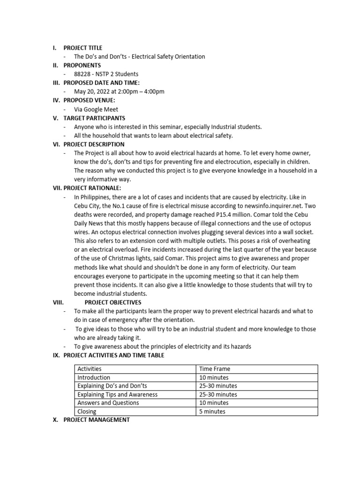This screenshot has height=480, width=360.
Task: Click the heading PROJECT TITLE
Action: (x=82, y=48)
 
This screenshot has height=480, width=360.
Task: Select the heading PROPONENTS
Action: (x=82, y=65)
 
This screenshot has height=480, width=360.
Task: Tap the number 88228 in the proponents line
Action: (x=82, y=74)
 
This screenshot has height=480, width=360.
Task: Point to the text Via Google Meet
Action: (x=96, y=109)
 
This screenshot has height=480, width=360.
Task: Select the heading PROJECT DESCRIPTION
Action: (x=94, y=144)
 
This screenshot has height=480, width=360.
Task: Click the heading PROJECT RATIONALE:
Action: (x=92, y=188)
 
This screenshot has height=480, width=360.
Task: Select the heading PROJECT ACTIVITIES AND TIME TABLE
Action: (x=114, y=355)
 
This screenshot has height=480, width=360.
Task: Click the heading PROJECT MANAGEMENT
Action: (x=97, y=420)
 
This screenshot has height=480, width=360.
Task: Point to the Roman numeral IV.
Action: (x=55, y=100)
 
